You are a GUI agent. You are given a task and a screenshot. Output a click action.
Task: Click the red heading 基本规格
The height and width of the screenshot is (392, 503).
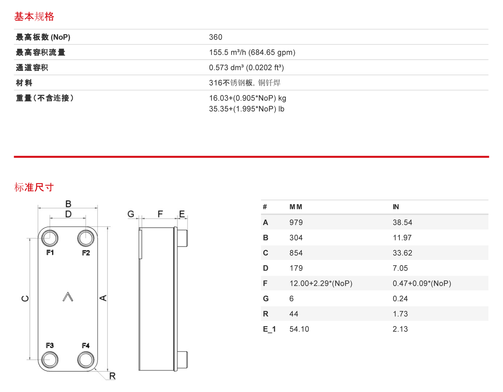coord(34,17)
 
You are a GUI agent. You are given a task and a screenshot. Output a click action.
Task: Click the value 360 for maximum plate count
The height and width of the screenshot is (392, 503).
coord(215,37)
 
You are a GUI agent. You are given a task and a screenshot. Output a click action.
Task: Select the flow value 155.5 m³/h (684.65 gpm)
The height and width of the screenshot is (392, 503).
coord(252,52)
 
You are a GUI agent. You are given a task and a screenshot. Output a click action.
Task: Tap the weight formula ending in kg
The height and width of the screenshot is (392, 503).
coord(247,98)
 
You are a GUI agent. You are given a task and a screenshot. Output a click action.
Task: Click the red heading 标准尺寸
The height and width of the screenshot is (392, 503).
coord(34,187)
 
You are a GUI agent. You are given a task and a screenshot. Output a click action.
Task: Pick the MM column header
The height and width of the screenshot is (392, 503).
coord(296,207)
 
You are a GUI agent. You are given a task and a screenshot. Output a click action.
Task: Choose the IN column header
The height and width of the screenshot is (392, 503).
coord(396,207)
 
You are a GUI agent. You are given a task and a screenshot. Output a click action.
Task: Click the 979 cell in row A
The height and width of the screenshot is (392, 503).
coord(296,223)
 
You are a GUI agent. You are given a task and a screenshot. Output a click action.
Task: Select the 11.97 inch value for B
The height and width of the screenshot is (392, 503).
coord(402,237)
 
